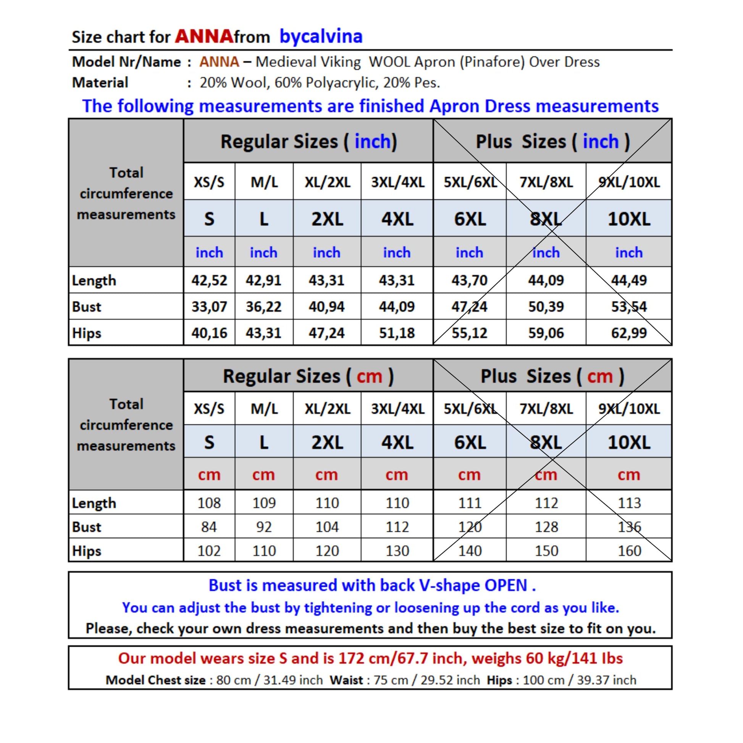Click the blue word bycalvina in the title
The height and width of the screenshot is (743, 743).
321,37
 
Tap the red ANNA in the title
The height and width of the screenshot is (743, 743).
204,37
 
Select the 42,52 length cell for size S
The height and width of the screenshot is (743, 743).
209,280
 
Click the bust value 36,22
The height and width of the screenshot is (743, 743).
263,307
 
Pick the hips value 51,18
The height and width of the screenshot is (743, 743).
396,333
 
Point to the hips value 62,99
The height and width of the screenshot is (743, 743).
629,333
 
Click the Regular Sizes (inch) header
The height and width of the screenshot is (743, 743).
309,142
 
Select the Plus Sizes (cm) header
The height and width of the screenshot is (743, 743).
552,376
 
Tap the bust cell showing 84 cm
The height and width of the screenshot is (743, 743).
209,527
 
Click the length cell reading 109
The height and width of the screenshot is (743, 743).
264,502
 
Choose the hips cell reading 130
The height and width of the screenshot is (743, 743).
397,551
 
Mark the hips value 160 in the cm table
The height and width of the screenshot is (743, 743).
629,551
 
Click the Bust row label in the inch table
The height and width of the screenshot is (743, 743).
87,307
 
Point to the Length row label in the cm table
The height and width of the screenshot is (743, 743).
94,503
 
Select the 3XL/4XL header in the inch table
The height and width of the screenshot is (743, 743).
397,182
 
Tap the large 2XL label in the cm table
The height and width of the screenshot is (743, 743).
327,442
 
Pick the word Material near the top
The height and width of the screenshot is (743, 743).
100,83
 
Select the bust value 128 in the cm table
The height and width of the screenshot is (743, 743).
546,527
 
